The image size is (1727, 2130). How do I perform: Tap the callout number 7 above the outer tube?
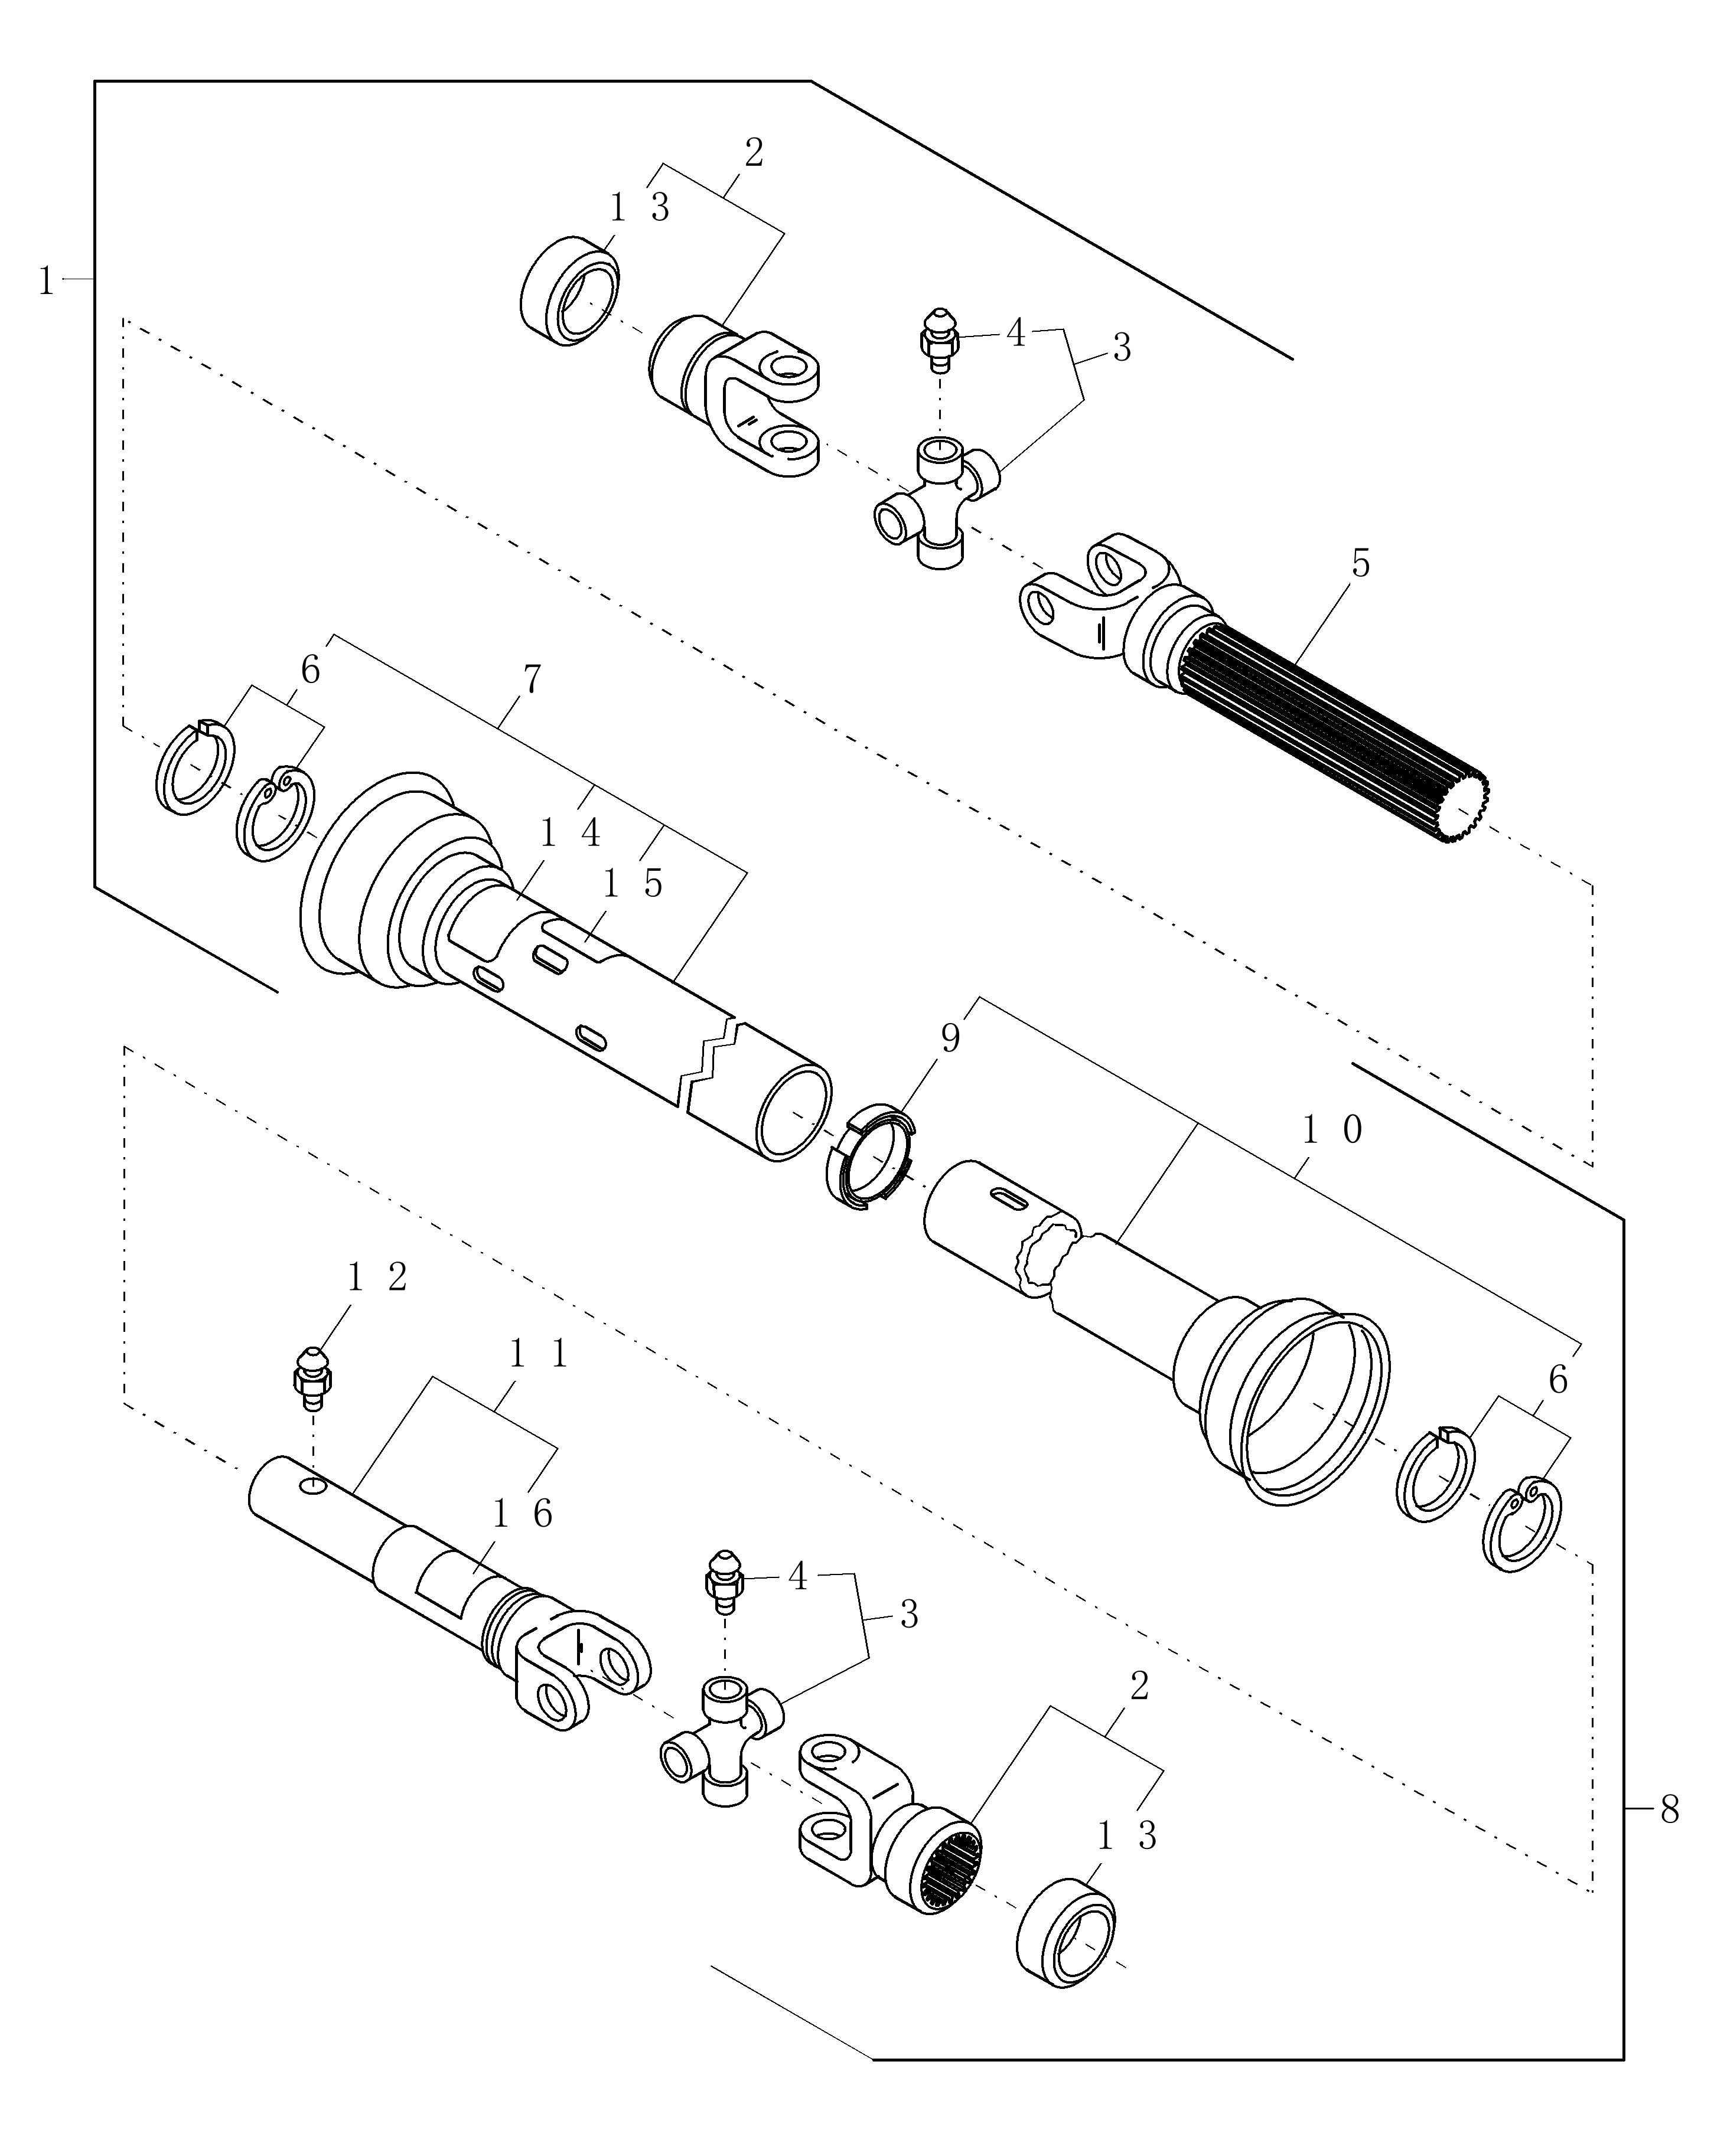pyautogui.click(x=532, y=679)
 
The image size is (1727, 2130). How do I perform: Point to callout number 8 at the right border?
pyautogui.click(x=1669, y=1809)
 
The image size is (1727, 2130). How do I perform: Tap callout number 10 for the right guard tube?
pyautogui.click(x=1331, y=1129)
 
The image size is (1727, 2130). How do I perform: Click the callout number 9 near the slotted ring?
pyautogui.click(x=950, y=1039)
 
